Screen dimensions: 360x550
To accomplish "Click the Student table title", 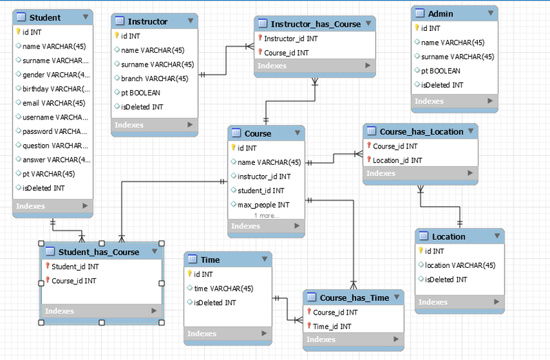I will pos(46,17).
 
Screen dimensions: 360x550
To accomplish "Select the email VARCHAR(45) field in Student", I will pos(54,103).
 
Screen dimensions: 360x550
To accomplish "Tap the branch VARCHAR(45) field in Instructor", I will pos(155,78).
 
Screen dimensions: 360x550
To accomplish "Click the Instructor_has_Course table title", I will pos(316,24).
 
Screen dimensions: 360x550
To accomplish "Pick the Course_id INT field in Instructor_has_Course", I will pos(286,53).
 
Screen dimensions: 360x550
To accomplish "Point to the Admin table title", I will pos(440,14).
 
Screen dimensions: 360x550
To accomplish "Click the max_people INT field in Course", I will pos(263,205).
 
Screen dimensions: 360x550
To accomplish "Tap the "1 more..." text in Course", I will pos(266,215).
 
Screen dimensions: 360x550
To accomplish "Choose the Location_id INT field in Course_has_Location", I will pos(397,160).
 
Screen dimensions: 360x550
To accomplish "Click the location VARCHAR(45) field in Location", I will pos(460,265).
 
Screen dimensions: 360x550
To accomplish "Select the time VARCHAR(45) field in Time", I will pos(224,289).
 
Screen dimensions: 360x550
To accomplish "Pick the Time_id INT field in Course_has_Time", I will pos(332,326).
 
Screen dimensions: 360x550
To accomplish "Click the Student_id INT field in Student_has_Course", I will pos(75,267).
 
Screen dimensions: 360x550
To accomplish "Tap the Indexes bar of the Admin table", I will pos(429,101).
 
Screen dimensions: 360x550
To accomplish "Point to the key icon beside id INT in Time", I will pos(190,274).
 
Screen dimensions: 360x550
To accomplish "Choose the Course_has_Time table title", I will pos(354,297).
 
